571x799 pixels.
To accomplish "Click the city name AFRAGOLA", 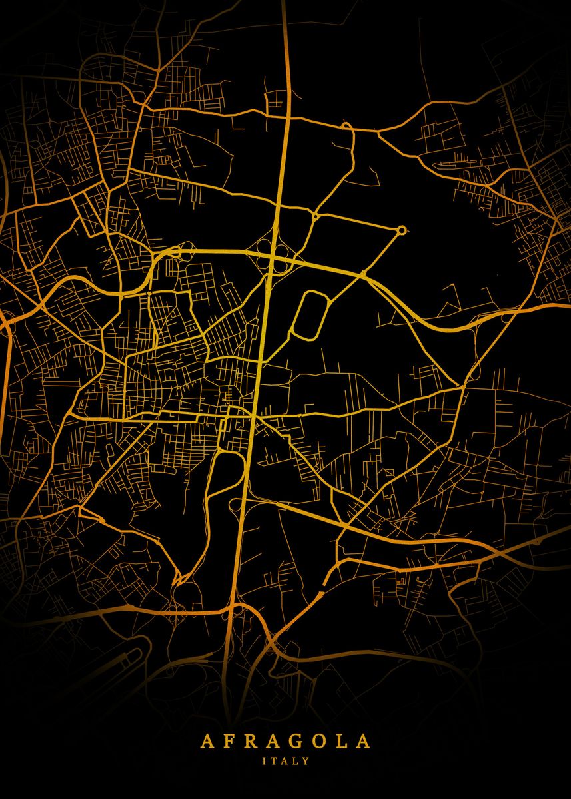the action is tap(286, 741).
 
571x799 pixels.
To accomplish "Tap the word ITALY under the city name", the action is tap(286, 760).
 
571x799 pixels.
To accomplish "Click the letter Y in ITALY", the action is tap(306, 760).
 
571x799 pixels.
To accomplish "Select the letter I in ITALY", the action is tap(265, 760).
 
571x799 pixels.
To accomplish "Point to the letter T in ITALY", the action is tap(275, 760).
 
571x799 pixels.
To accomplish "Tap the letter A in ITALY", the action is tap(285, 760).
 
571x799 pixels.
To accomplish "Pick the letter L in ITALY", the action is tap(296, 760).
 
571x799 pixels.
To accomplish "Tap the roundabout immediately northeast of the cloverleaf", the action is tap(314, 216).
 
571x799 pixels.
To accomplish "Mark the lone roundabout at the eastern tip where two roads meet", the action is tap(402, 230).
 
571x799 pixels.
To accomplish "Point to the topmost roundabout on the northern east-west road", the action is tap(346, 125).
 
